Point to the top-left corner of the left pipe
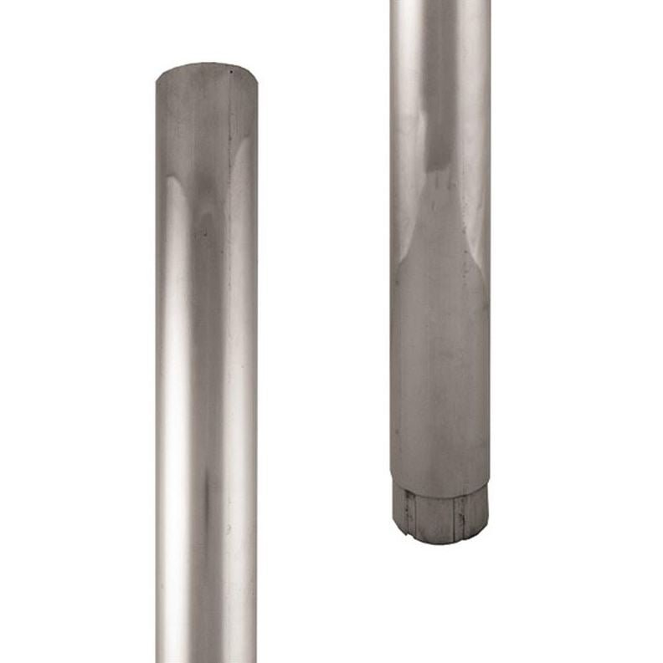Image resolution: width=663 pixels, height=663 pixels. tap(158, 77)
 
